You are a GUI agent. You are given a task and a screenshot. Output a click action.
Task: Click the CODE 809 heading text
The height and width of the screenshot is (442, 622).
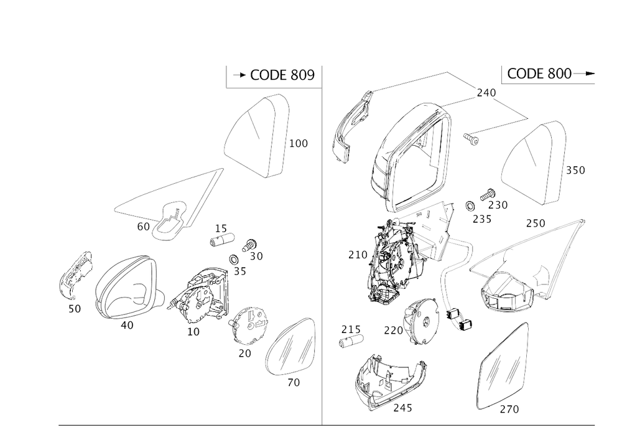coord(282,75)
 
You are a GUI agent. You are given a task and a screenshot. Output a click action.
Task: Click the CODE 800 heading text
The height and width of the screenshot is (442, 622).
coord(539,73)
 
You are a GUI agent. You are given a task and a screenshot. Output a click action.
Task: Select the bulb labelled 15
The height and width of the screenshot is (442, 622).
coord(222,240)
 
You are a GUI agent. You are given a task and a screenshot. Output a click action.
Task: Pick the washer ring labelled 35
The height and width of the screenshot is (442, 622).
coord(234,260)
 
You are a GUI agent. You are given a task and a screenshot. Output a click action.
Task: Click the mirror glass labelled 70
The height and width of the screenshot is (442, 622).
coord(290,346)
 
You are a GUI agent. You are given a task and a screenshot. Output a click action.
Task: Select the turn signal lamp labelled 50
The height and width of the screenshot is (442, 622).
coord(75,275)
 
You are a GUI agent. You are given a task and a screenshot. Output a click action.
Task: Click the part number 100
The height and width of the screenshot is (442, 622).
coord(299,143)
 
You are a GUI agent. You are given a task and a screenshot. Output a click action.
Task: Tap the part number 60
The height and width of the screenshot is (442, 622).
coord(143,227)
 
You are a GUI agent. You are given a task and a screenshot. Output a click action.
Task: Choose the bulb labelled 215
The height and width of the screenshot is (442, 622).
coord(352,341)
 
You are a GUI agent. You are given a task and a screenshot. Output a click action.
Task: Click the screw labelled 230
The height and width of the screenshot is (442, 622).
coord(488,195)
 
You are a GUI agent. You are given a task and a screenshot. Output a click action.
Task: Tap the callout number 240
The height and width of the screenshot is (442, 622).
coord(486,93)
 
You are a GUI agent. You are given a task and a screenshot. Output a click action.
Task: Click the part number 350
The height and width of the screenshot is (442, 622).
coord(575,170)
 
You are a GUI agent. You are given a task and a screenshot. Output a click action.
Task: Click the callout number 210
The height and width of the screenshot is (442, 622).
coord(358,255)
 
